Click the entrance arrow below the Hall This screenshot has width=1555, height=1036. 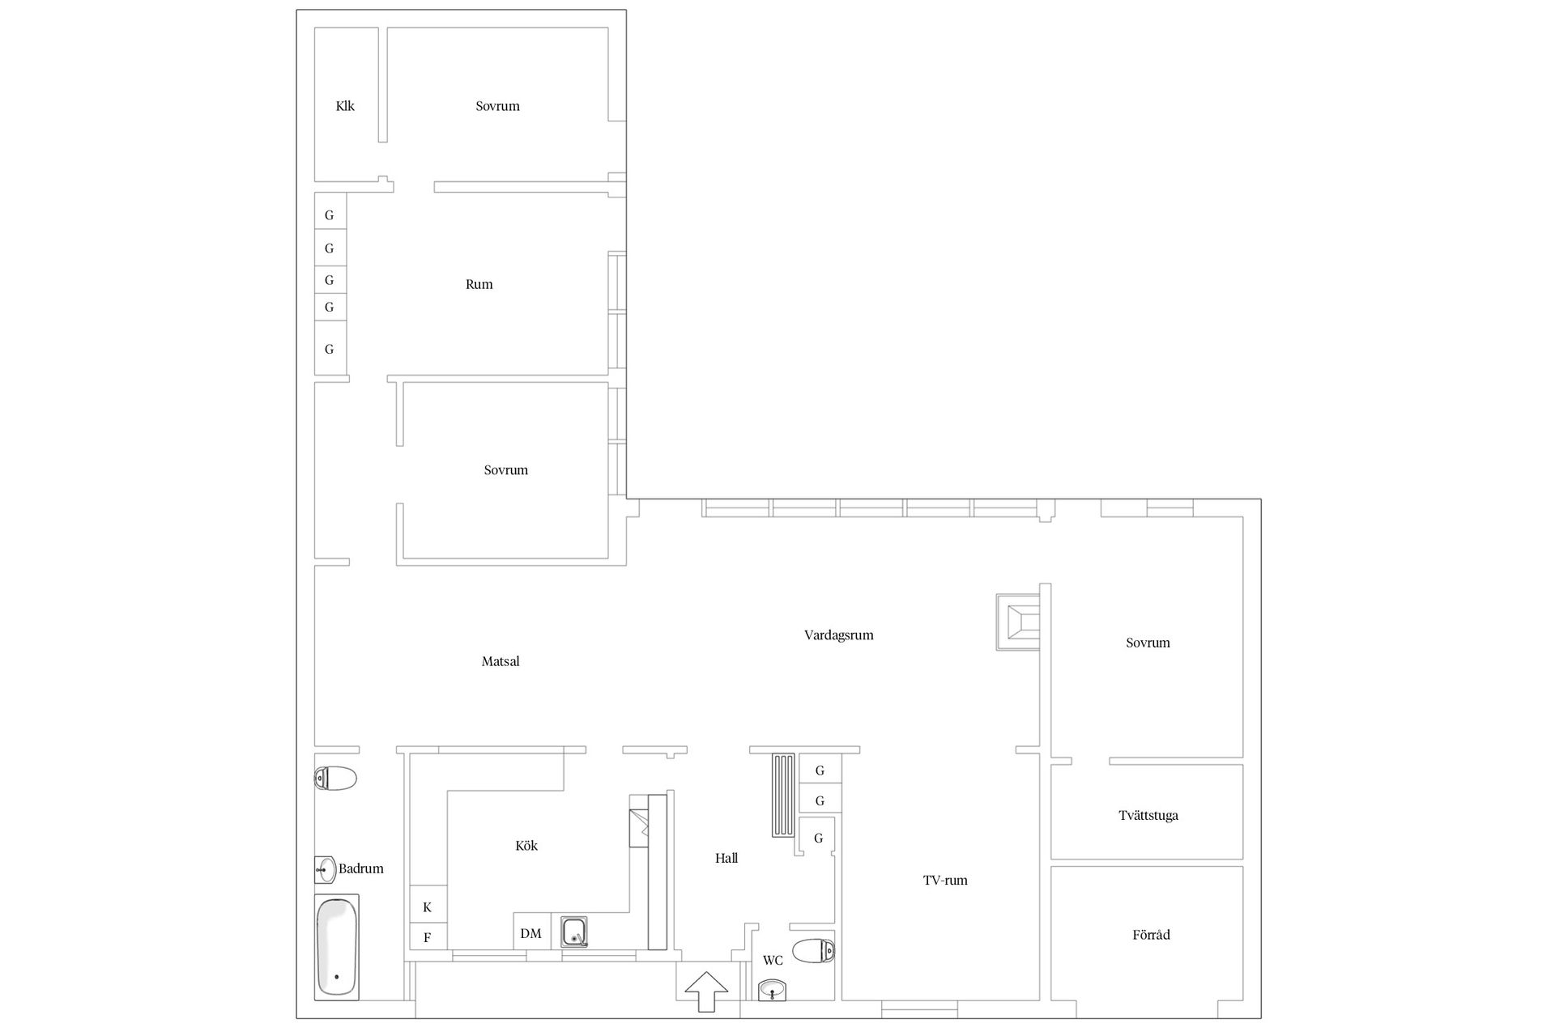(706, 991)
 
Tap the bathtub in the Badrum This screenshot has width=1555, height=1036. (337, 947)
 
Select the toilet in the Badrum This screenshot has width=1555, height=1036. (335, 779)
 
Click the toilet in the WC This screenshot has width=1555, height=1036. (813, 951)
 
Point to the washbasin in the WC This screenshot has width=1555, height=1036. (773, 990)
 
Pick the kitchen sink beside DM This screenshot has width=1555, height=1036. (574, 932)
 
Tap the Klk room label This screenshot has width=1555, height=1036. (345, 106)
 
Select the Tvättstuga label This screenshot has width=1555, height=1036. (1148, 815)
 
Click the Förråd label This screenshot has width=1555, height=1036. (1151, 935)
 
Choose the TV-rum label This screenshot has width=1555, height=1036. (945, 880)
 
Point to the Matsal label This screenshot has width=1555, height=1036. (501, 661)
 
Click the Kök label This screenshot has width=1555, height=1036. (526, 846)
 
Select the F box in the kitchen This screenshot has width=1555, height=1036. (428, 936)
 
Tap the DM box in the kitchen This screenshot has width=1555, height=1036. (531, 932)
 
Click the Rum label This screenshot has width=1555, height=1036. (479, 284)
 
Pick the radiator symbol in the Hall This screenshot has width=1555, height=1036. (784, 795)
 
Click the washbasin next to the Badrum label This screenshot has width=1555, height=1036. (325, 870)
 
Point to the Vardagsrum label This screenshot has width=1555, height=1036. (839, 635)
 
